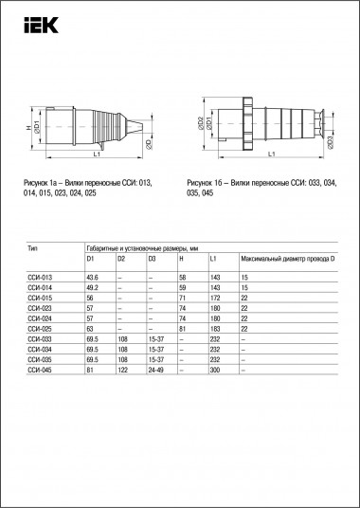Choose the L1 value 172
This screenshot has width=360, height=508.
coord(216,296)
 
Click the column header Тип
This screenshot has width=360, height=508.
coord(34,245)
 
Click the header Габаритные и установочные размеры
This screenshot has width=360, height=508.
coord(142,245)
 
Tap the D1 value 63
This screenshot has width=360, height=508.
coord(91,328)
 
